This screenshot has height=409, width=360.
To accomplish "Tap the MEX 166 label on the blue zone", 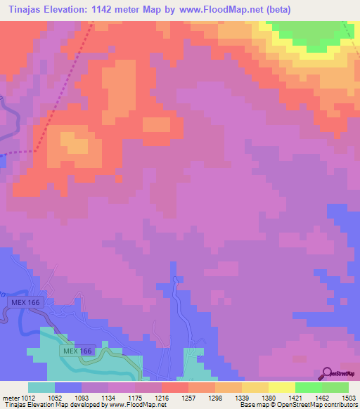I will pos(27,301).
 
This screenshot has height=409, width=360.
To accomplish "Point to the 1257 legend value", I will pos(188,398).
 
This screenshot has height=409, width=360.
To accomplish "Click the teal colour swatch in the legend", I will pos(41,387).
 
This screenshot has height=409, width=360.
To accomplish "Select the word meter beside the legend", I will pos(9,398).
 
